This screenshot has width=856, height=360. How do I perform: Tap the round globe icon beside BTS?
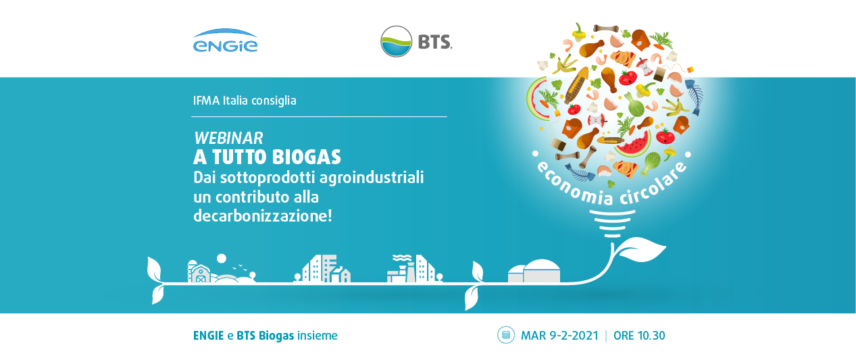(397, 41)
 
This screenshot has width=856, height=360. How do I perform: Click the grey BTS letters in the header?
(435, 42)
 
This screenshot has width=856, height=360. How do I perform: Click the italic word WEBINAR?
(228, 138)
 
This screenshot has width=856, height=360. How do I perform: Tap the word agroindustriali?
(372, 178)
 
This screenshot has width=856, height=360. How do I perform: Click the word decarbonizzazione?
(263, 216)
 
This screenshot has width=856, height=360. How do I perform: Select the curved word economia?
(573, 187)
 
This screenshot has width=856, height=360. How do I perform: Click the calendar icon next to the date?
(506, 335)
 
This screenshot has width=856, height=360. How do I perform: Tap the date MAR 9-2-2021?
(560, 336)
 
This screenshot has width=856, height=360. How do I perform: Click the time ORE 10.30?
(639, 336)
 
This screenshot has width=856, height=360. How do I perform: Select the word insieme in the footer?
(318, 336)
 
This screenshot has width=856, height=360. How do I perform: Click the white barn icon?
(199, 272)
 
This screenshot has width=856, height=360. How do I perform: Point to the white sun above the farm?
(222, 259)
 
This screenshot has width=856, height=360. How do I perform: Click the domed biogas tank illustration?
(534, 272)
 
